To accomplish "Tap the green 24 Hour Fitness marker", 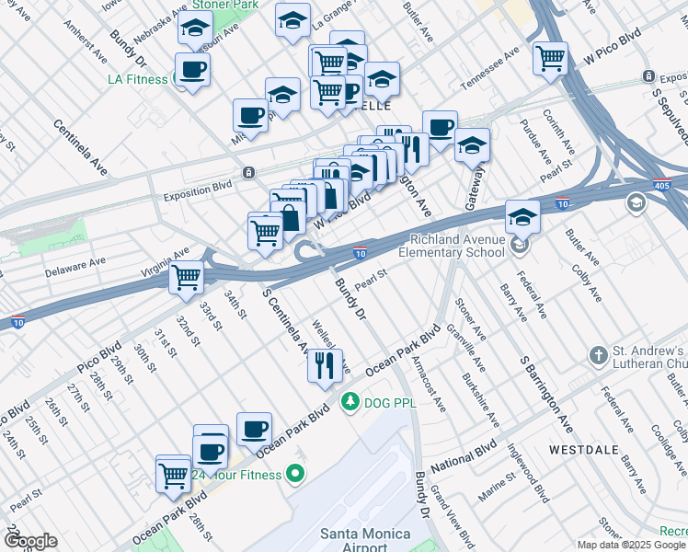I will pyautogui.click(x=294, y=475).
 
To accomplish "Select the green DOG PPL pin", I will pyautogui.click(x=350, y=401).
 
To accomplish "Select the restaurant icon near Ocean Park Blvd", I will pyautogui.click(x=325, y=365).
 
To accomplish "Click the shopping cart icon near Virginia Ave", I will pyautogui.click(x=187, y=275).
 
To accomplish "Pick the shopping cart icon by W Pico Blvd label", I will pyautogui.click(x=550, y=58).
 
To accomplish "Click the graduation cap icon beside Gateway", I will pyautogui.click(x=472, y=144).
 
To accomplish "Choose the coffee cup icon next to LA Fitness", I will pyautogui.click(x=192, y=69).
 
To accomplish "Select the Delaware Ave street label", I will pyautogui.click(x=75, y=267).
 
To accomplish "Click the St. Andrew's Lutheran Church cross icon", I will pyautogui.click(x=598, y=355).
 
